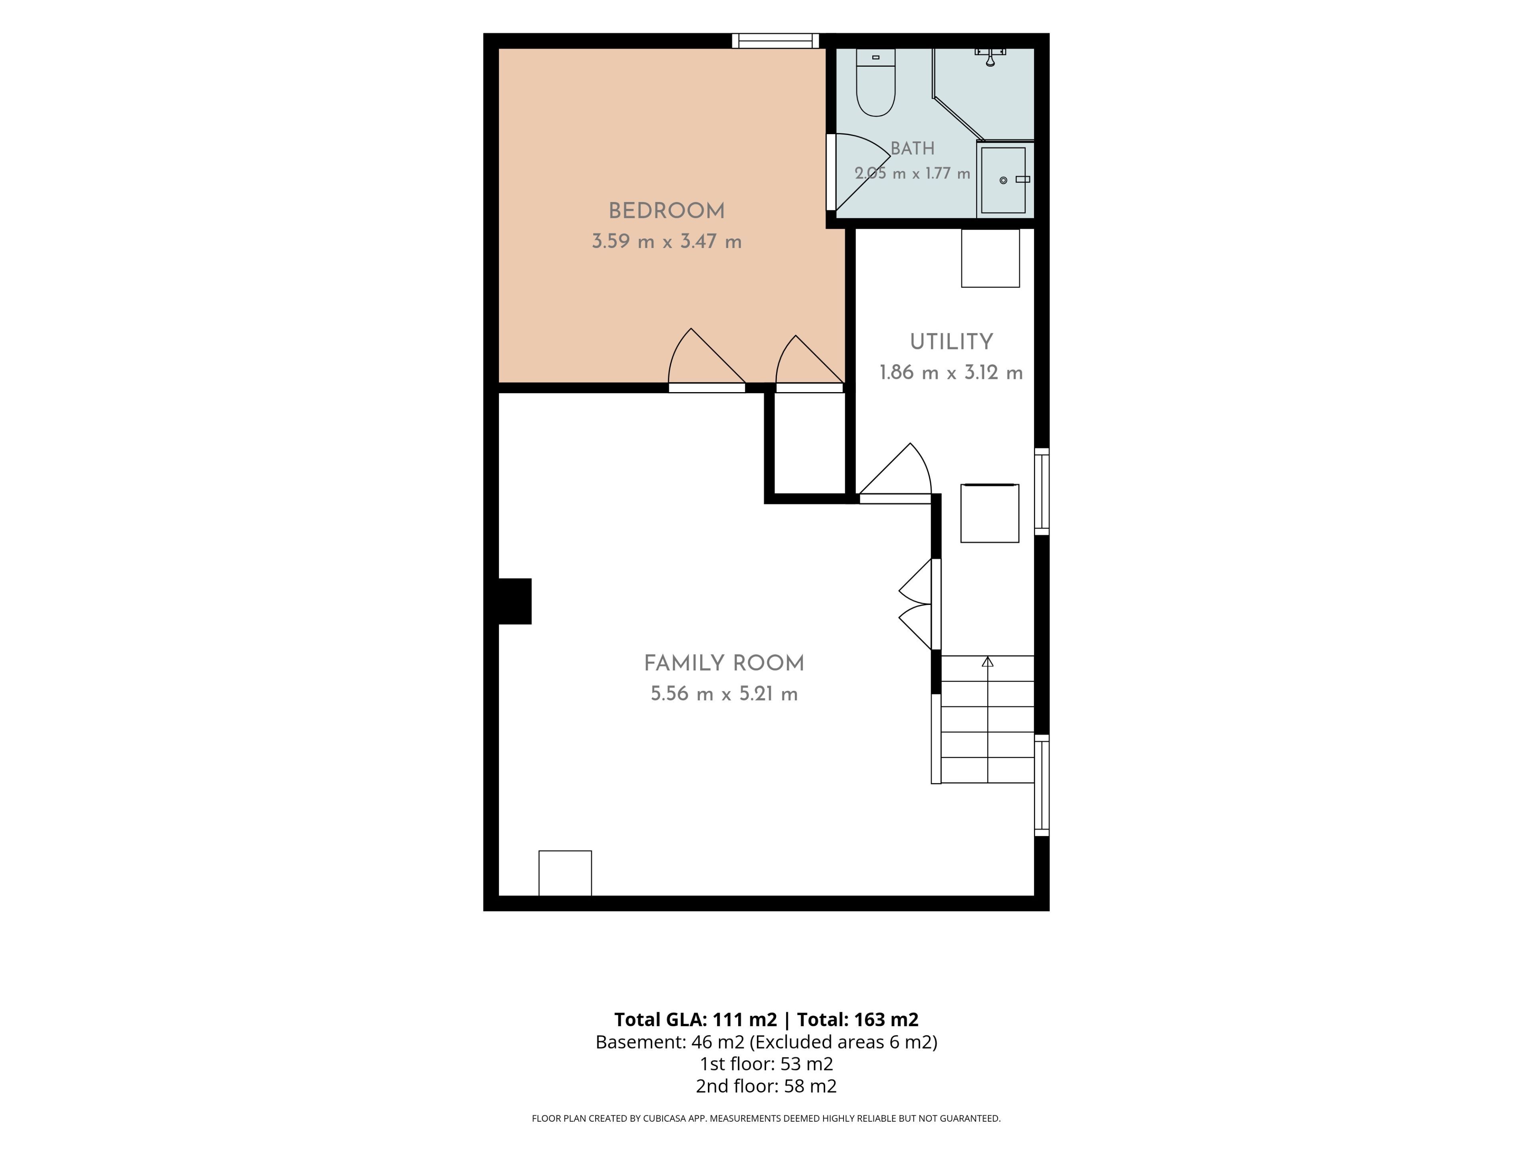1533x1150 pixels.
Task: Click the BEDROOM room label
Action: [667, 211]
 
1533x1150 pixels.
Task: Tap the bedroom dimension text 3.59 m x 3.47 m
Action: [667, 241]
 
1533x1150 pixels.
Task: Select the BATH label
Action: [913, 149]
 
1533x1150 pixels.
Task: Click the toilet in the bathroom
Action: [876, 82]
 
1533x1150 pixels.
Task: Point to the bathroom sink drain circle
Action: [1003, 180]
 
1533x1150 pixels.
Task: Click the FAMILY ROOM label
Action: [724, 663]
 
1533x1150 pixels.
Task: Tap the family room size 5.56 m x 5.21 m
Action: [724, 694]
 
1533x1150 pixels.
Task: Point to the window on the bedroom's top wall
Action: [776, 41]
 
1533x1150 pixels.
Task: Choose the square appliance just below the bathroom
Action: [990, 258]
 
